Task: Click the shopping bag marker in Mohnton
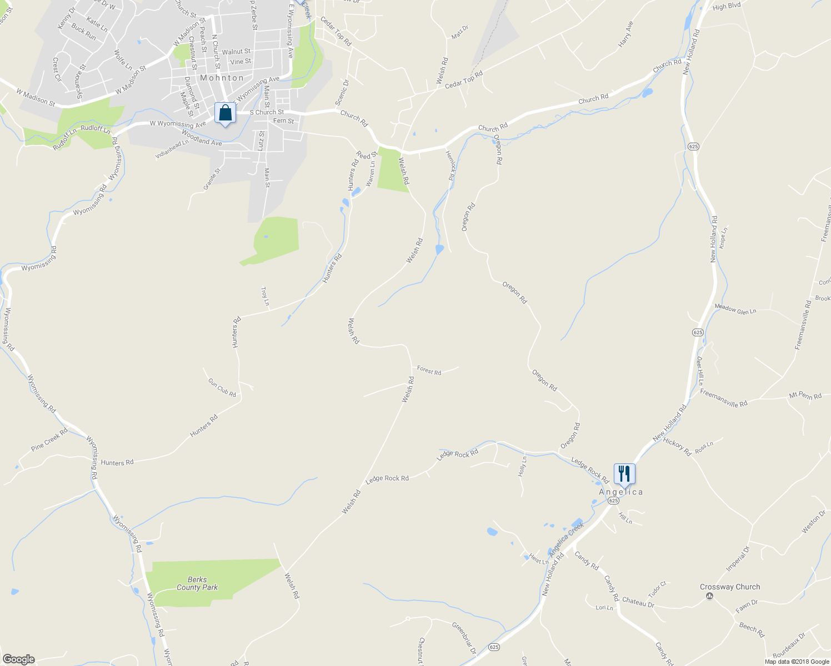225,113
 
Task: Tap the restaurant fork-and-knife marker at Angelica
624,474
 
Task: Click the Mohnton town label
222,78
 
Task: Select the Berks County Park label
197,583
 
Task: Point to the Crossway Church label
730,587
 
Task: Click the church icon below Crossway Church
709,596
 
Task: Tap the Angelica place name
621,492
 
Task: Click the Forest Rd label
429,370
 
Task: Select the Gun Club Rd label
222,387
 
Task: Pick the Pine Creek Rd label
49,438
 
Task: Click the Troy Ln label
265,296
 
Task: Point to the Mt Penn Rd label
805,396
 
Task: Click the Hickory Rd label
677,447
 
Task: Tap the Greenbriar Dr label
464,638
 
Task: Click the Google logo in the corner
18,659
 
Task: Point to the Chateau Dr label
638,602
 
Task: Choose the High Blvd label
727,6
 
